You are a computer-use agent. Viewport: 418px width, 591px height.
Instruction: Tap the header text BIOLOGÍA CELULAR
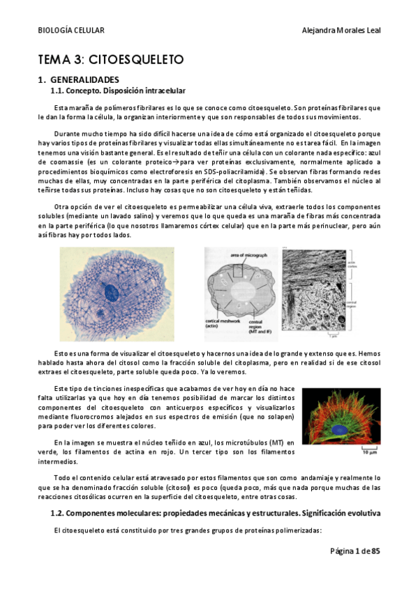tap(70, 31)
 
